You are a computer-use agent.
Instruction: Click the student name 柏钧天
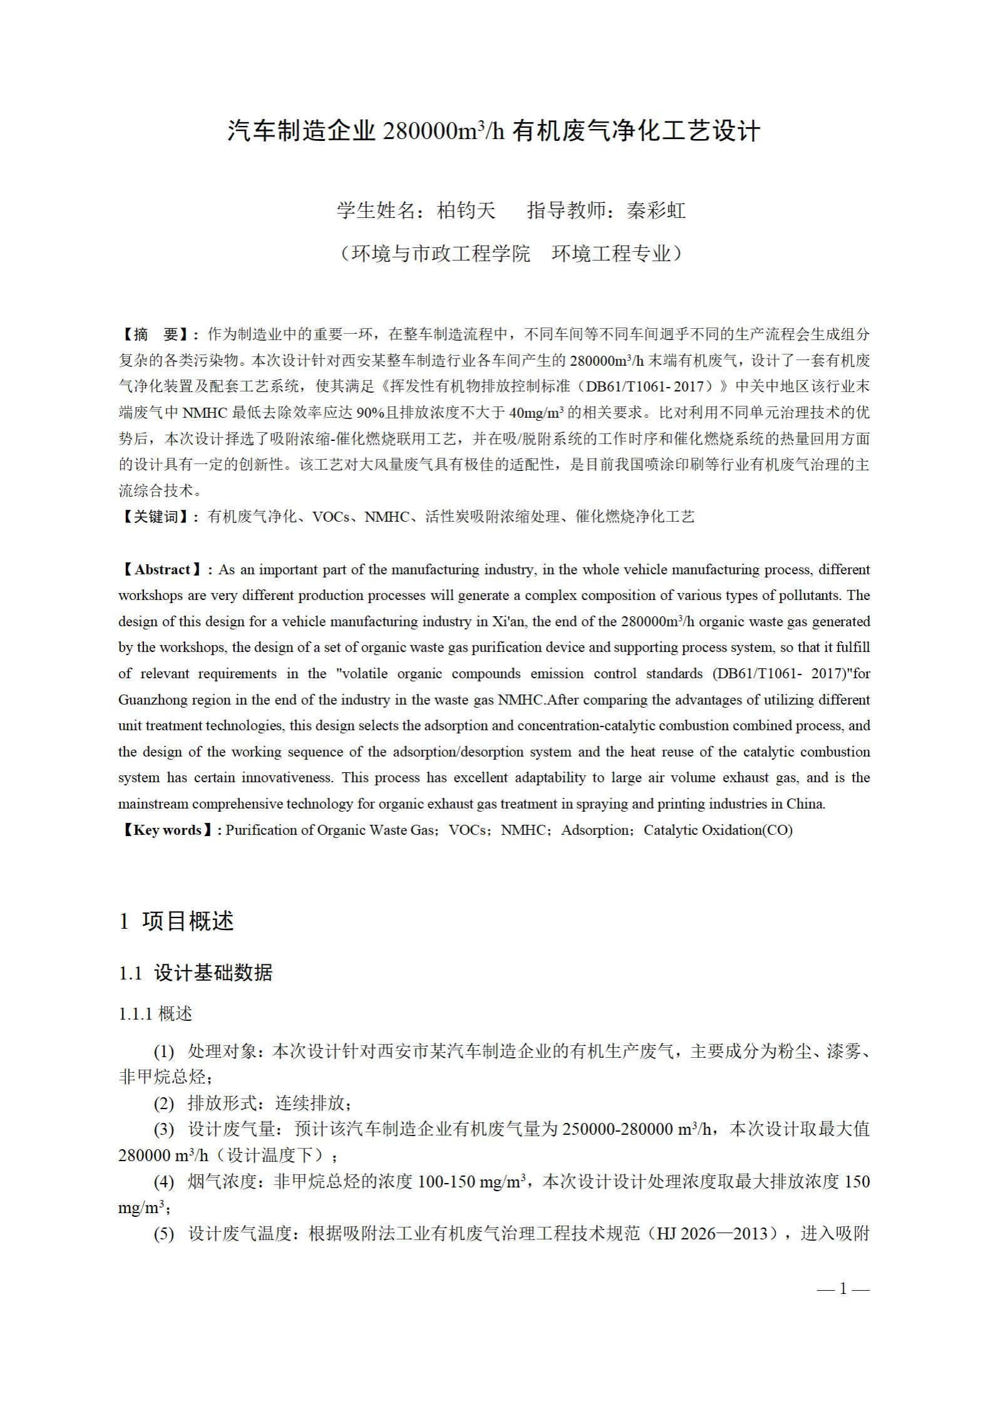tap(466, 210)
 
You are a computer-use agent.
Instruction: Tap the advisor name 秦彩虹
tap(656, 210)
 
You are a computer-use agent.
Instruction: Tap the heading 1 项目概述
tap(177, 921)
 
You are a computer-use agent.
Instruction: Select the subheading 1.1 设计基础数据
tap(196, 973)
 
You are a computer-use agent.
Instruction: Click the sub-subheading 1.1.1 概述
tap(155, 1014)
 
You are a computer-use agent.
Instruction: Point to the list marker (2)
tap(164, 1104)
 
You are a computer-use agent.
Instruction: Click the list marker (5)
tap(164, 1234)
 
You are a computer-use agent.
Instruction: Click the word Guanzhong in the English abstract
tap(149, 700)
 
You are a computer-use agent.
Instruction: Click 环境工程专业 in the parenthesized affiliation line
tap(611, 254)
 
